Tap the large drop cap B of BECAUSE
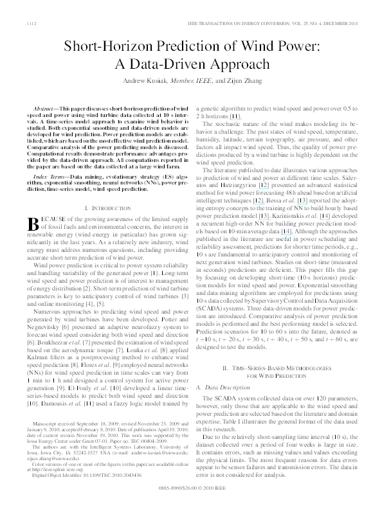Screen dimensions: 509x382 pyautogui.click(x=36, y=206)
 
